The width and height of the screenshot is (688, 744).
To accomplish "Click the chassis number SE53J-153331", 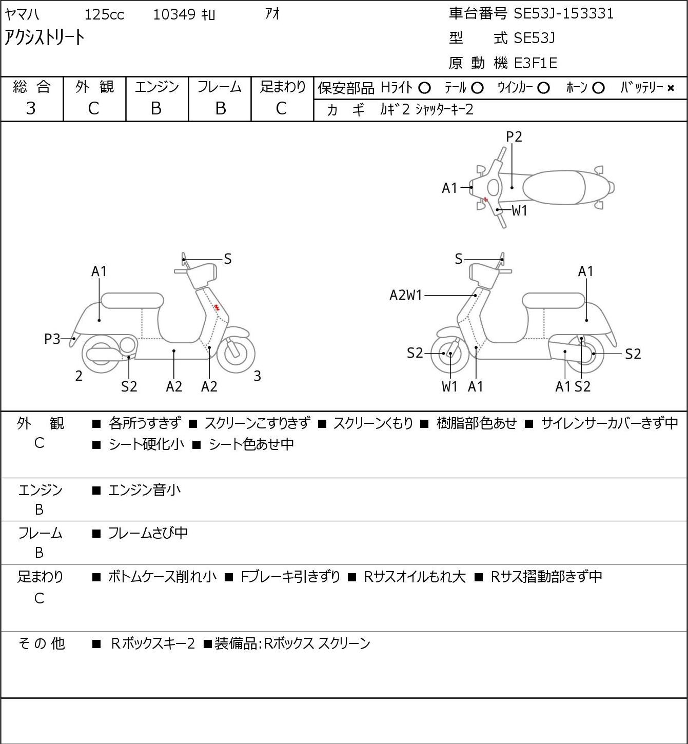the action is tap(563, 14).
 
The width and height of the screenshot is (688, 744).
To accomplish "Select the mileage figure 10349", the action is tap(174, 14).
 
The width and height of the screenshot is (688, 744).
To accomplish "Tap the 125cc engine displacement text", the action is tap(104, 14).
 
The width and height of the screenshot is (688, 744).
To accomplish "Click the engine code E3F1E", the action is tap(536, 63).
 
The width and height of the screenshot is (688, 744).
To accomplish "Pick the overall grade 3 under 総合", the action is tap(31, 109).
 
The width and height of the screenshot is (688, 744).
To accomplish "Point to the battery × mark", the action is tap(671, 88).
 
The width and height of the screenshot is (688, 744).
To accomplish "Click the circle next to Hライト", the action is tap(424, 88).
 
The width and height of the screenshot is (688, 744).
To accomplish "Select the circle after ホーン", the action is tap(598, 88).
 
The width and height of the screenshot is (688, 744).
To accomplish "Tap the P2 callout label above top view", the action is tap(514, 136).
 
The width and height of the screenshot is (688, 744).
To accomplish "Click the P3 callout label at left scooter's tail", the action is tap(52, 339).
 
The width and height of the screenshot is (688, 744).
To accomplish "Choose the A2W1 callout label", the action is tap(406, 295).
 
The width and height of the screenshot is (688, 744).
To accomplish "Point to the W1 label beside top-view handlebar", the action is tap(520, 211).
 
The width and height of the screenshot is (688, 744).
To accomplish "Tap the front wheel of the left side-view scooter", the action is tap(236, 354).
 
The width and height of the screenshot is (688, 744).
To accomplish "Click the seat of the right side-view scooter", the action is tap(554, 301).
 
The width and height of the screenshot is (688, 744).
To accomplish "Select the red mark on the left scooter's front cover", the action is tap(216, 307).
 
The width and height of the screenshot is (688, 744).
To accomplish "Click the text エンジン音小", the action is tap(145, 490).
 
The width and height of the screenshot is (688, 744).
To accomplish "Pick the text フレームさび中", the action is tap(148, 533).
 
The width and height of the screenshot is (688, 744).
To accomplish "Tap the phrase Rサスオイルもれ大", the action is tap(415, 577).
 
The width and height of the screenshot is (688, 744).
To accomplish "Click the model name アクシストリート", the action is tap(44, 37).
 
